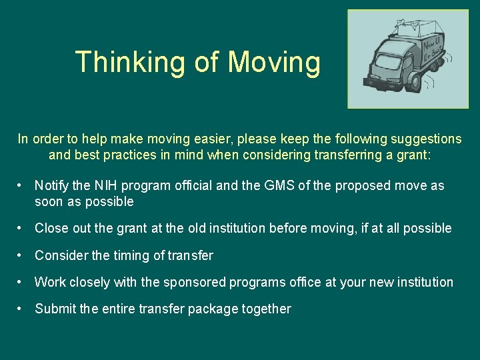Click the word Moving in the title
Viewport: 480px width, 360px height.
pyautogui.click(x=274, y=62)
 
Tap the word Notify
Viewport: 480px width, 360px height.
pyautogui.click(x=51, y=185)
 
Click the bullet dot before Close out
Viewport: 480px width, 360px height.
pyautogui.click(x=22, y=228)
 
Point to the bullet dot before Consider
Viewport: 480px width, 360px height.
pyautogui.click(x=22, y=255)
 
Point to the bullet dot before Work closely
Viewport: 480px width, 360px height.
pyautogui.click(x=22, y=282)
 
